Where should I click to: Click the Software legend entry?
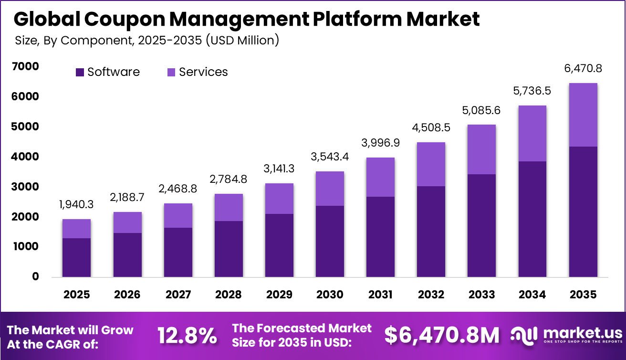point(108,72)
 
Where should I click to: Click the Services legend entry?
point(197,72)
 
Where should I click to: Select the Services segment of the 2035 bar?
point(583,115)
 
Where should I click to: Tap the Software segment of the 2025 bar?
point(76,257)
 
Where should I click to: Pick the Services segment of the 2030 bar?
point(330,189)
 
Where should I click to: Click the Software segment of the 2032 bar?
point(431,232)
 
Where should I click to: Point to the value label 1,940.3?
point(76,204)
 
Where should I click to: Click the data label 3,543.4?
point(330,157)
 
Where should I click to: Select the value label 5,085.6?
point(481,110)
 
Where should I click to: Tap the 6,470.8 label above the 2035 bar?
point(583,69)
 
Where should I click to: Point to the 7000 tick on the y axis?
point(25,67)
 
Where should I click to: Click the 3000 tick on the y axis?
point(25,187)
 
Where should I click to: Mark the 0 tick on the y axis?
point(35,276)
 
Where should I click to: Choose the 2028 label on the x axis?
point(228,295)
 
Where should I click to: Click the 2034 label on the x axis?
point(532,295)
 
